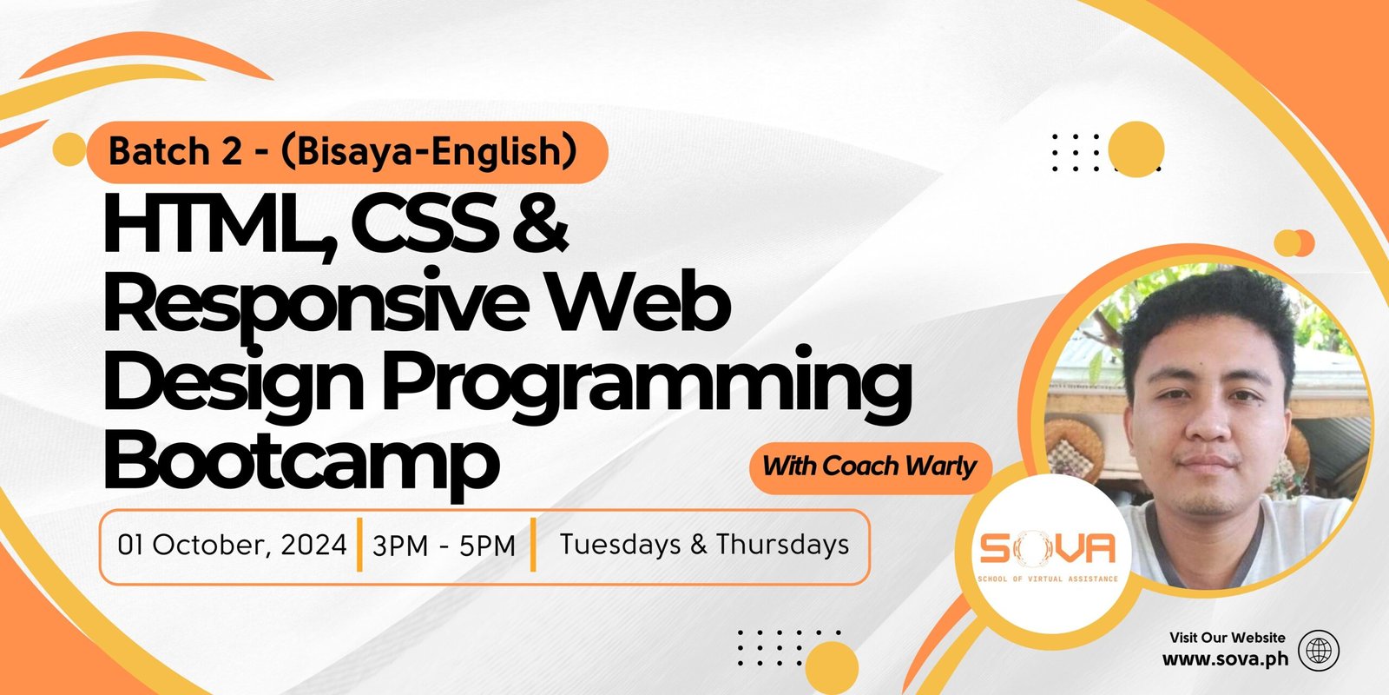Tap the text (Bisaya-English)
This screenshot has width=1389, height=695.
429,153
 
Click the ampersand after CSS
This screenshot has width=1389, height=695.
539,223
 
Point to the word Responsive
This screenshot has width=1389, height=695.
316,305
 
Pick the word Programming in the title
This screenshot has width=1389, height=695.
646,385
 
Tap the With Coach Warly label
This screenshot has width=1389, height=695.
869,467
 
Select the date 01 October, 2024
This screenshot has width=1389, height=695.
232,545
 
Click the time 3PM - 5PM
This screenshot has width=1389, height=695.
444,546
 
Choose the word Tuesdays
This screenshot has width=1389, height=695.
621,544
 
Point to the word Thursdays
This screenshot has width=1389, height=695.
782,544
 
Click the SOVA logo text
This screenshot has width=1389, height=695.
1047,548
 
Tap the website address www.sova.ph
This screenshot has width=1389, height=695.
1225,659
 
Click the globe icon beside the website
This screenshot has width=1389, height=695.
1319,651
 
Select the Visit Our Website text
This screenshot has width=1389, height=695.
1228,638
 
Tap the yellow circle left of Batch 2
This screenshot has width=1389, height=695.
69,149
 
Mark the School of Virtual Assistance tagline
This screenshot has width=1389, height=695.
1047,579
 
